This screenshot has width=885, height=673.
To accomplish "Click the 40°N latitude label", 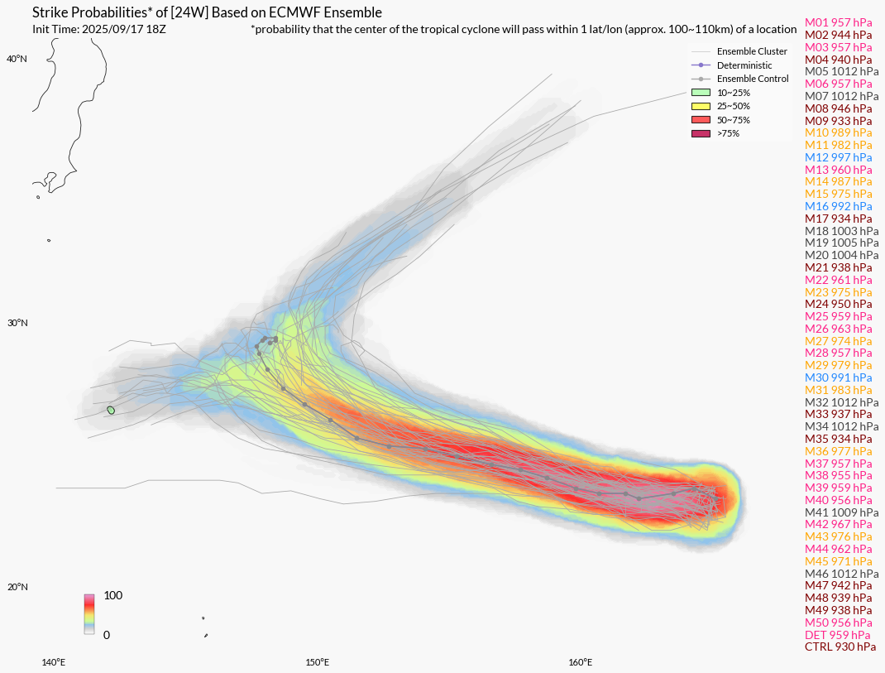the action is (x=17, y=59).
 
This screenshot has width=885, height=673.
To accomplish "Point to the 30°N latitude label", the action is (x=17, y=323).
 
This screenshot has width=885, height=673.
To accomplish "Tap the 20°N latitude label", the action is (x=17, y=587).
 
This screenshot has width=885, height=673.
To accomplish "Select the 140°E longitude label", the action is (x=54, y=662).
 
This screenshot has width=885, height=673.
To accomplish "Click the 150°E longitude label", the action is (x=318, y=662).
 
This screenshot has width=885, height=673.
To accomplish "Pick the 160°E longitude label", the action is (x=581, y=662).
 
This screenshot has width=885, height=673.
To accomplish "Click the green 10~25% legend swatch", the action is (x=701, y=93).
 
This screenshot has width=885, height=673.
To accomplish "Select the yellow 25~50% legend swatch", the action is (x=701, y=106).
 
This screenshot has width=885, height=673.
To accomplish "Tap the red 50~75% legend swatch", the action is (x=701, y=120).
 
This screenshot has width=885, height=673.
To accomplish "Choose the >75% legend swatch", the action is (x=701, y=133).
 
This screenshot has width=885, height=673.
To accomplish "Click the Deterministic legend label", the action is (x=744, y=65).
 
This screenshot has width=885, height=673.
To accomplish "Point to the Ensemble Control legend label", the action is (x=753, y=79).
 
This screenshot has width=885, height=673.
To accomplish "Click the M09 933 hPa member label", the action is (x=838, y=121).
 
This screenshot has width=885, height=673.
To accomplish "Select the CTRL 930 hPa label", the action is (x=840, y=647).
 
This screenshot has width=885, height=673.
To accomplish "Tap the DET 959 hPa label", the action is (x=838, y=635).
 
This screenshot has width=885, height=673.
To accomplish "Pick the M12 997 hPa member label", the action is (x=838, y=157).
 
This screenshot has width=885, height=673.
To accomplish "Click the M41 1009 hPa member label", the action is (x=841, y=512).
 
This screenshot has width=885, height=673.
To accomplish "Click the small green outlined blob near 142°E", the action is (x=111, y=411).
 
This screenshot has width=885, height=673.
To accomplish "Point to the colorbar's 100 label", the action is (x=112, y=595).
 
